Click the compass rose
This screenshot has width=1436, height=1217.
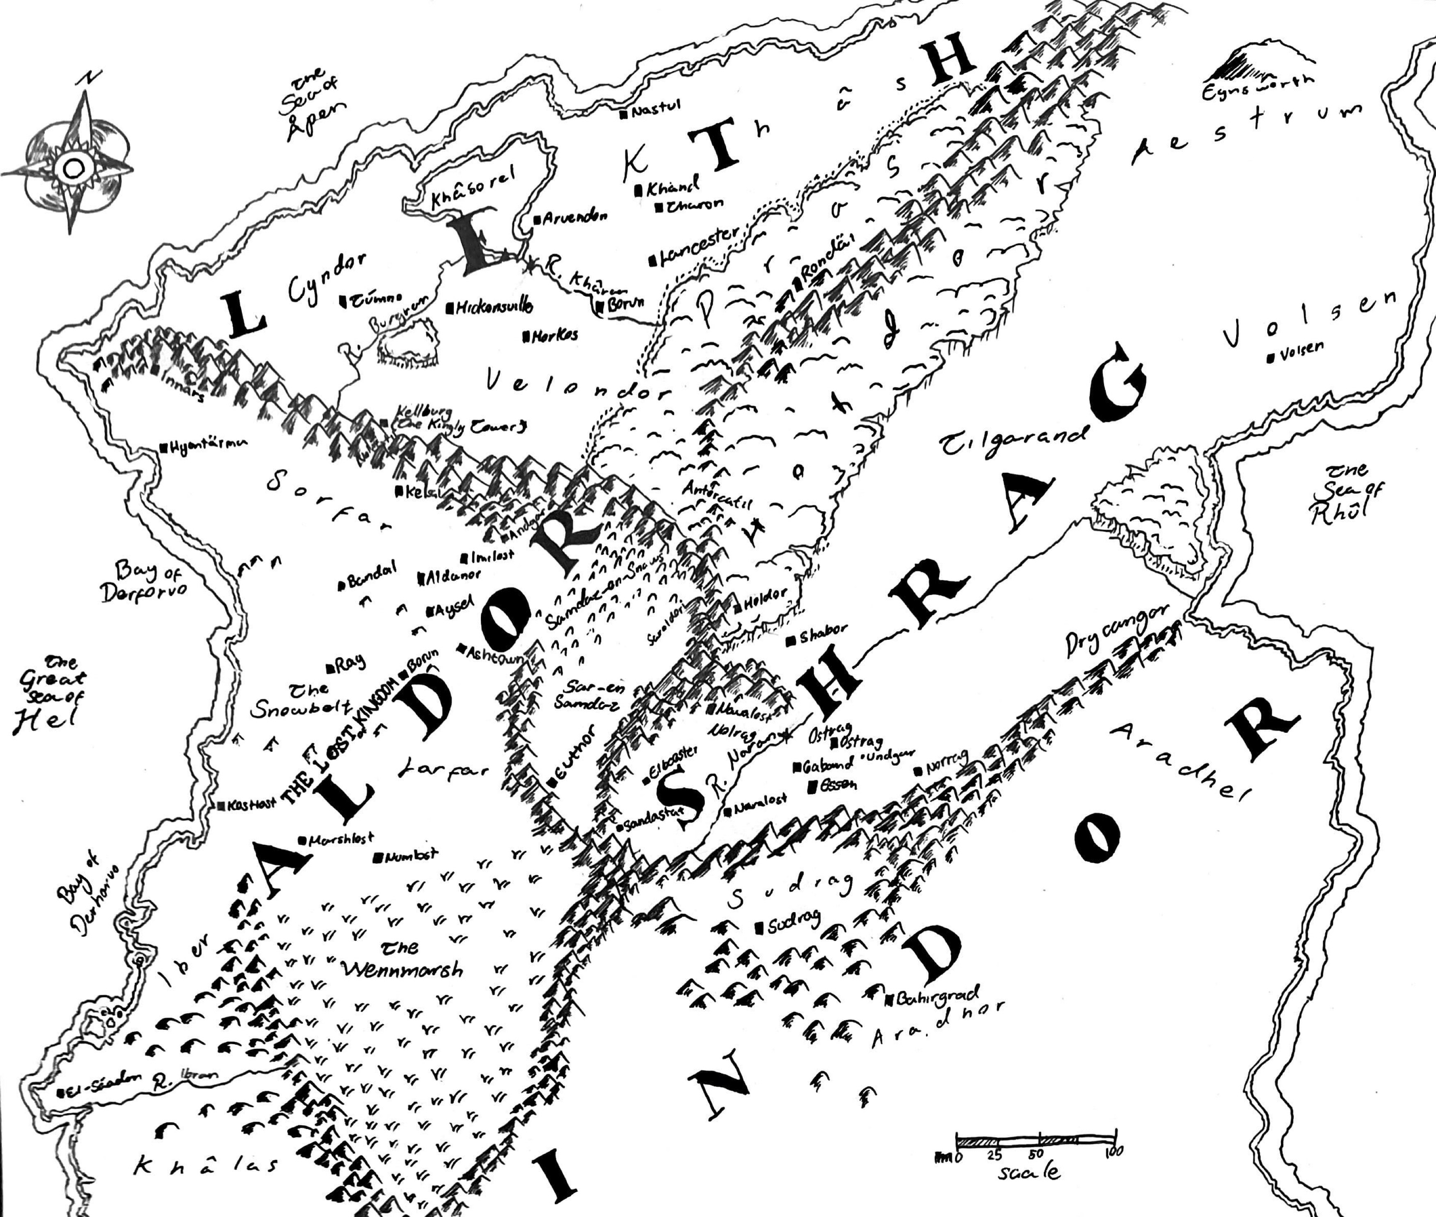click(72, 165)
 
